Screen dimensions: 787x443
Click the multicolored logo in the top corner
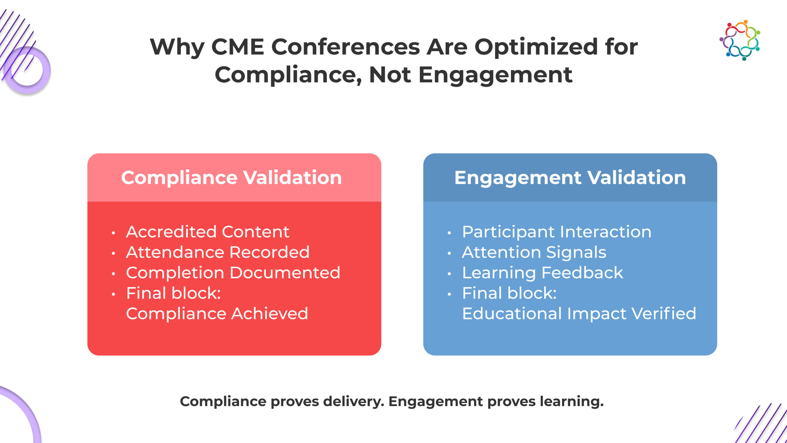[740, 40]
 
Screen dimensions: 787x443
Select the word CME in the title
[238, 47]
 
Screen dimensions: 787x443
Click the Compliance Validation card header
[234, 178]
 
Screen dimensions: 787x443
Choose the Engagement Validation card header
[570, 178]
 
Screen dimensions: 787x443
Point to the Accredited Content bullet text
[208, 232]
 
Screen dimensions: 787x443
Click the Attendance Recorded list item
[218, 252]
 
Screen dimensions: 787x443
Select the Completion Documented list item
[233, 273]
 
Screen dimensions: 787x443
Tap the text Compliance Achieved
[217, 314]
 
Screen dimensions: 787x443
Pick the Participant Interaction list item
[557, 232]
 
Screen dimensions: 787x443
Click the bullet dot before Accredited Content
[113, 233]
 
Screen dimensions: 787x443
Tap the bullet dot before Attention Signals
[449, 253]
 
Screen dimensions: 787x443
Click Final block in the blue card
[509, 293]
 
